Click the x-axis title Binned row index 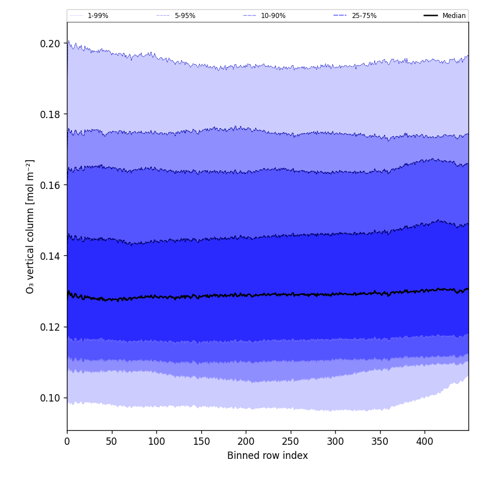pyautogui.click(x=268, y=456)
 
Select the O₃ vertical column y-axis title pyautogui.click(x=30, y=226)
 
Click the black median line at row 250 pyautogui.click(x=290, y=294)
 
